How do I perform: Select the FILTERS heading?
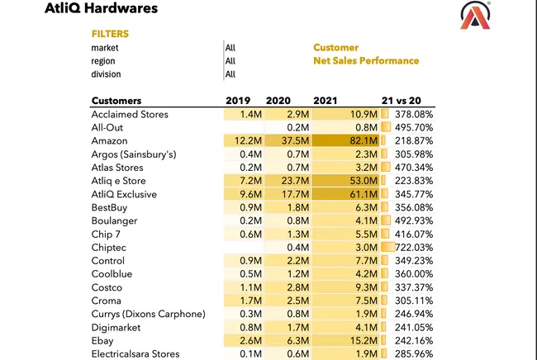pyautogui.click(x=110, y=34)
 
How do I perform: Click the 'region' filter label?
pyautogui.click(x=103, y=61)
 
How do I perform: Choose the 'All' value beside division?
pyautogui.click(x=230, y=74)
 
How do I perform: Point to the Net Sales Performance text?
pyautogui.click(x=366, y=61)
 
